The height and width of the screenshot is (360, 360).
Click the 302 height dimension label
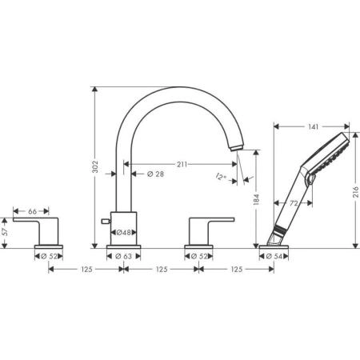click(95, 166)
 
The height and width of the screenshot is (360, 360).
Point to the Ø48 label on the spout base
click(125, 232)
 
